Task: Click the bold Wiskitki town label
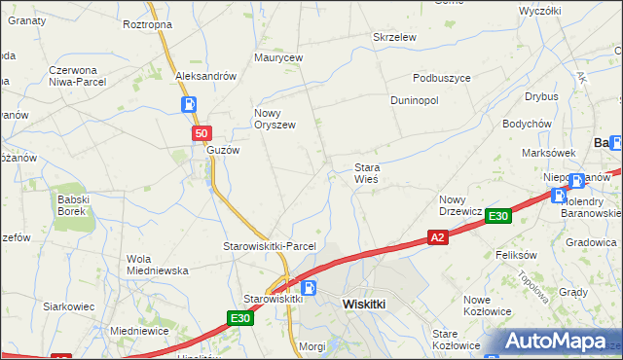(x=367, y=304)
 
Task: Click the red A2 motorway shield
(x=437, y=236)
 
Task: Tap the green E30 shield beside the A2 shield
(x=498, y=216)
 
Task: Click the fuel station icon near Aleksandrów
(x=188, y=105)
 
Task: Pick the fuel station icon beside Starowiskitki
(x=310, y=288)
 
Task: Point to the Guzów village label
(x=222, y=151)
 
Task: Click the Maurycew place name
(x=279, y=58)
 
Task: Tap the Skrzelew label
(x=395, y=37)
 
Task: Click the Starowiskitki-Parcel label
(x=270, y=246)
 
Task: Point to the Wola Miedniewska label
(x=157, y=265)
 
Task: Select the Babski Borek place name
(x=74, y=205)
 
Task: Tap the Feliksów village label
(x=517, y=254)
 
